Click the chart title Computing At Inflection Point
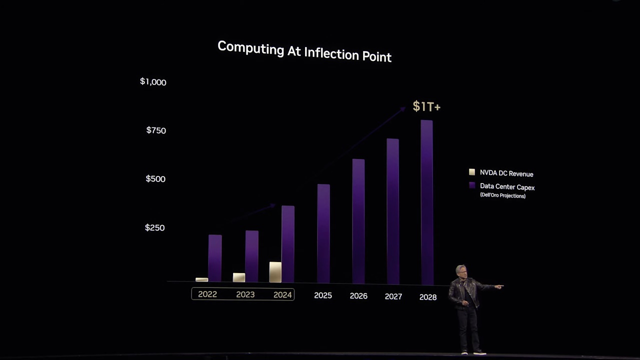tap(304, 51)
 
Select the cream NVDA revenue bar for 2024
tap(275, 272)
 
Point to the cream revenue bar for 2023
tap(239, 277)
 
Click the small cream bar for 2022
tap(201, 279)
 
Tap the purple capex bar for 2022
tap(215, 257)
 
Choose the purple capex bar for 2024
tap(288, 243)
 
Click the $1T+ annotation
tap(426, 106)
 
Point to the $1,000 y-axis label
tap(153, 82)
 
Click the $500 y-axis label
tap(155, 179)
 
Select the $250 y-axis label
tap(154, 227)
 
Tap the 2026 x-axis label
tap(358, 296)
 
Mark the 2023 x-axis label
tap(245, 294)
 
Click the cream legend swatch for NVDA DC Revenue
tap(472, 172)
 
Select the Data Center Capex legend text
tap(507, 187)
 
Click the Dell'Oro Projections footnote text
tap(502, 195)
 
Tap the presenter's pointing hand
tap(499, 286)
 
